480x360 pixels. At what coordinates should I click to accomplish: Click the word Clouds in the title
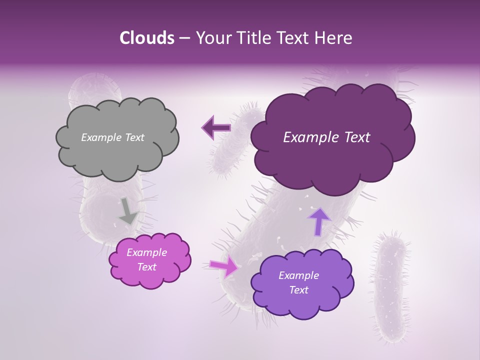coord(147,38)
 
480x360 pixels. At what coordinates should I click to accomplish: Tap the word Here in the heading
coord(334,38)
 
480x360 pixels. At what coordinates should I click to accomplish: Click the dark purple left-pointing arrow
coord(216,128)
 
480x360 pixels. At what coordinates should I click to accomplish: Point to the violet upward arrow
coord(319,220)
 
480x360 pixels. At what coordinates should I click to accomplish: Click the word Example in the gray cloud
coord(100,137)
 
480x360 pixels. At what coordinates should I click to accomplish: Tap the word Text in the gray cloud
coord(133,137)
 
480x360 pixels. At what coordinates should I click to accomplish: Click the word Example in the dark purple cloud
coord(308,137)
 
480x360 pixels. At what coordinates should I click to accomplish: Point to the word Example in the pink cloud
coord(147,252)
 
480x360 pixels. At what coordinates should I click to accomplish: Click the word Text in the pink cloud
coord(147,267)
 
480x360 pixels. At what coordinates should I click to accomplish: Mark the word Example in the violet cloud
coord(298,275)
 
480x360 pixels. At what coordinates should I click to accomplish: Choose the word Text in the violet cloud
coord(298,290)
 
